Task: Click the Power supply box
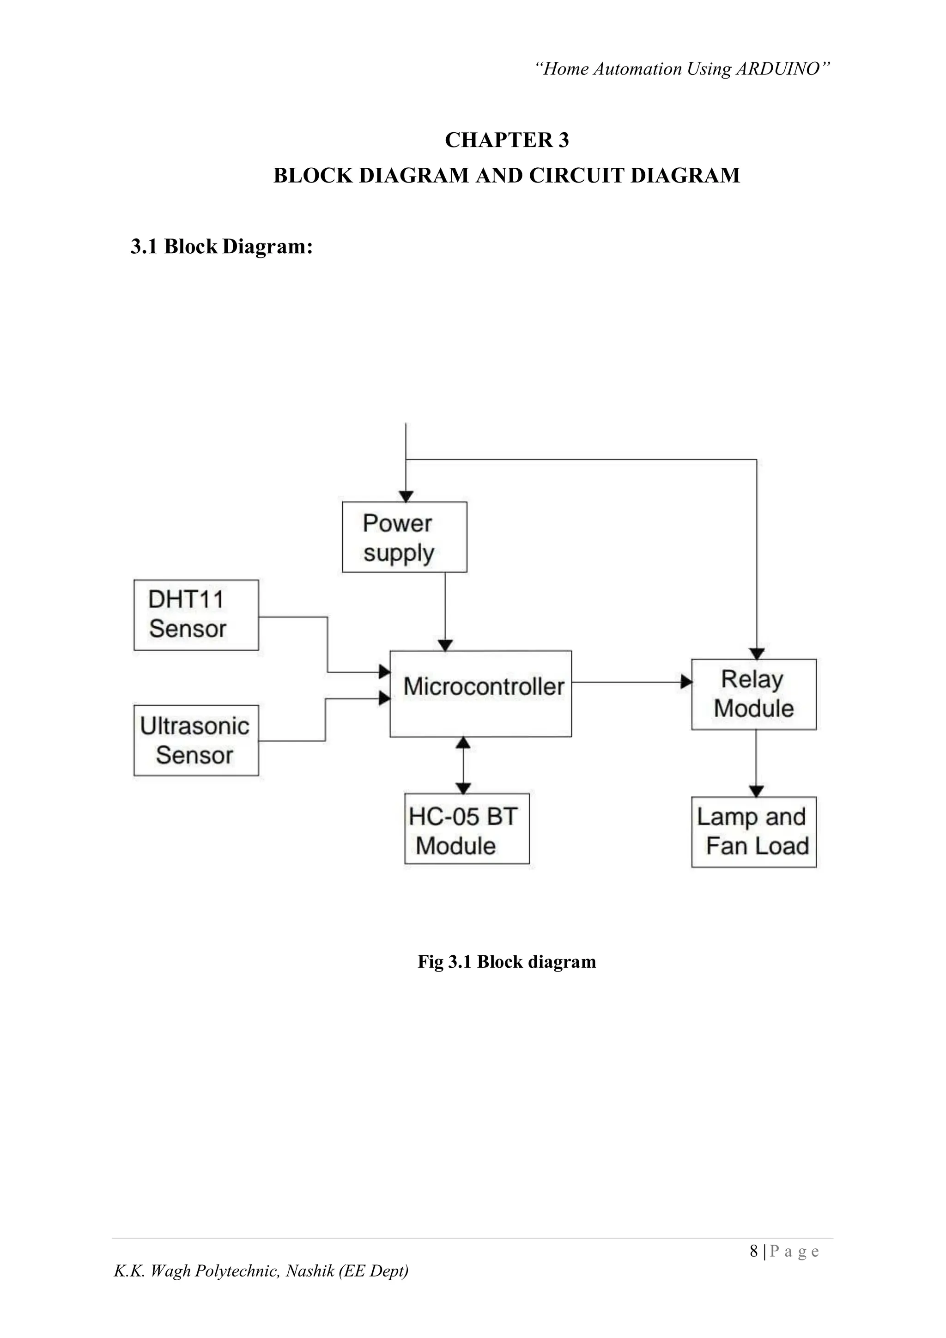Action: pos(404,537)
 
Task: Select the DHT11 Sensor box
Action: pos(196,614)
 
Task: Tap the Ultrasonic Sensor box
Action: pos(196,740)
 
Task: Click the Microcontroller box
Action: pos(480,693)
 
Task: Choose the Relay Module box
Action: pos(753,694)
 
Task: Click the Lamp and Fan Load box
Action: pos(753,831)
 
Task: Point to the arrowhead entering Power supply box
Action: pos(406,496)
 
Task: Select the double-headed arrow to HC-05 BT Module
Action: pos(463,764)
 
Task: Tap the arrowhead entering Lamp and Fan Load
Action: pos(756,791)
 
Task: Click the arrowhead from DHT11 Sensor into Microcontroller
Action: pos(384,672)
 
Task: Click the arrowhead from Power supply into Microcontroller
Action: pos(445,645)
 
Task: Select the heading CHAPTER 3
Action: pos(507,140)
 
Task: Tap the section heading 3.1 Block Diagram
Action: pos(221,246)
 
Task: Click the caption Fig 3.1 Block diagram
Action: pos(507,961)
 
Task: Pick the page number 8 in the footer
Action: pos(754,1251)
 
